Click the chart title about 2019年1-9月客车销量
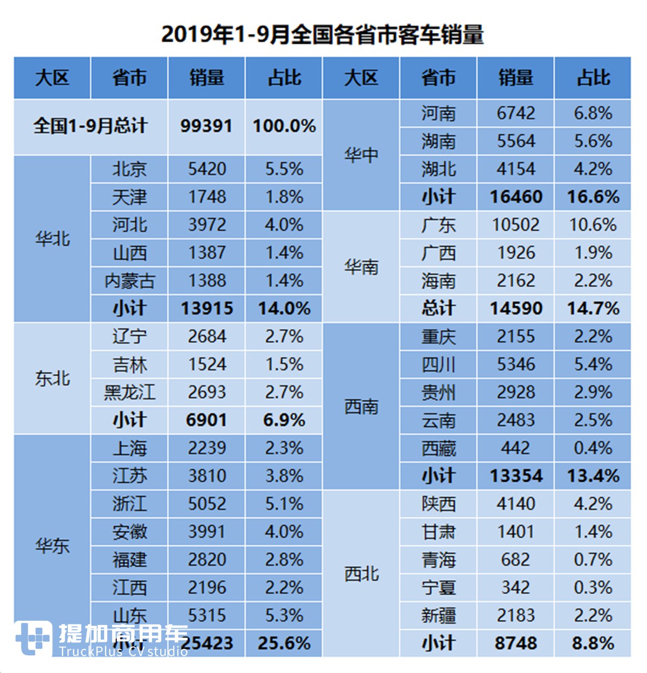(322, 35)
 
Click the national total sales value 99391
(207, 126)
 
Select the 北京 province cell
(129, 169)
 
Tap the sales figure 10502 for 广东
(515, 225)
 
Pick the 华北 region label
(52, 238)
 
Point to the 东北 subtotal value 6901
(207, 420)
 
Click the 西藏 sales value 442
(515, 448)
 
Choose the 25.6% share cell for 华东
(284, 643)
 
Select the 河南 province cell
(438, 114)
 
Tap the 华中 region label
(361, 155)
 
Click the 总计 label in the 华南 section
(438, 308)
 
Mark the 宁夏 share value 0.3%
(593, 587)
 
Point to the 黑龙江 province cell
(129, 392)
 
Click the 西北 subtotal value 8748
(515, 643)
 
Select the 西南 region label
(361, 407)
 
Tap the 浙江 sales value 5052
(207, 504)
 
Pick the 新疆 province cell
(438, 615)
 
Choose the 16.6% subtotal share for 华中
(593, 197)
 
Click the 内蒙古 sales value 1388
(207, 280)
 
